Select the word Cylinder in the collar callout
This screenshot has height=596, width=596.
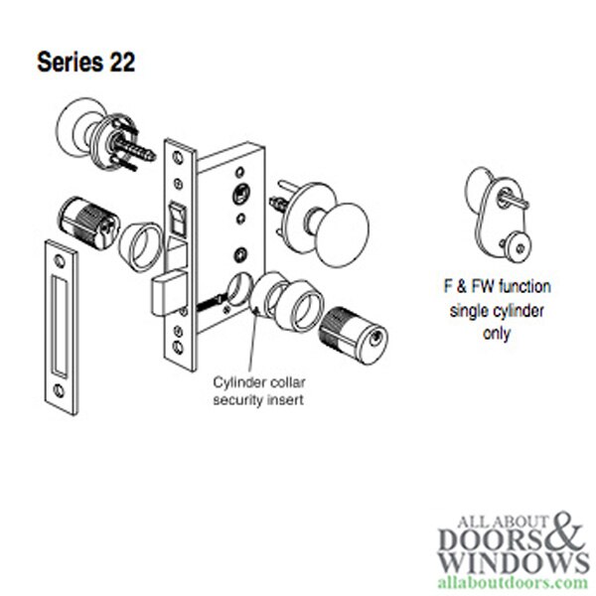click(239, 382)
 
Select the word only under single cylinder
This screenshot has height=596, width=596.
click(496, 335)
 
